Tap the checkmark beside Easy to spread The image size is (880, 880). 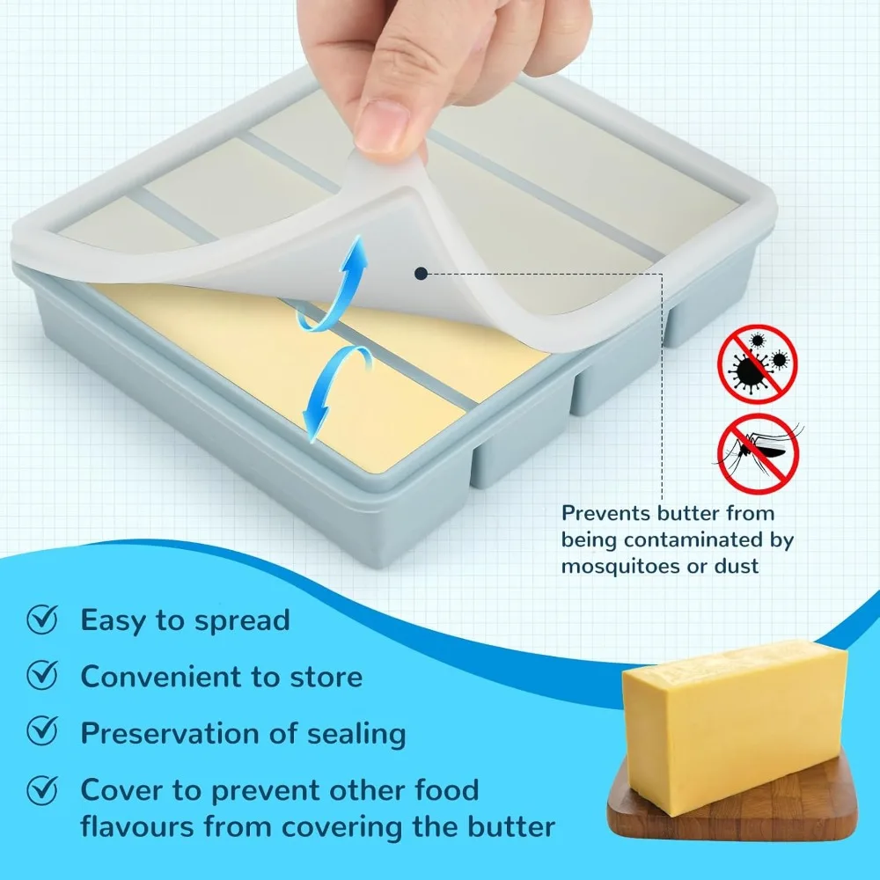42,620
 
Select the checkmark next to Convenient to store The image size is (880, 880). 42,676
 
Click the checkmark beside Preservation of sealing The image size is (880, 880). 42,732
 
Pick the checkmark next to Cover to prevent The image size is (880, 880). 42,789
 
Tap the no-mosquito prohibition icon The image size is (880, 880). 757,454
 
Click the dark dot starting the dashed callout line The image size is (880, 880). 422,274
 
